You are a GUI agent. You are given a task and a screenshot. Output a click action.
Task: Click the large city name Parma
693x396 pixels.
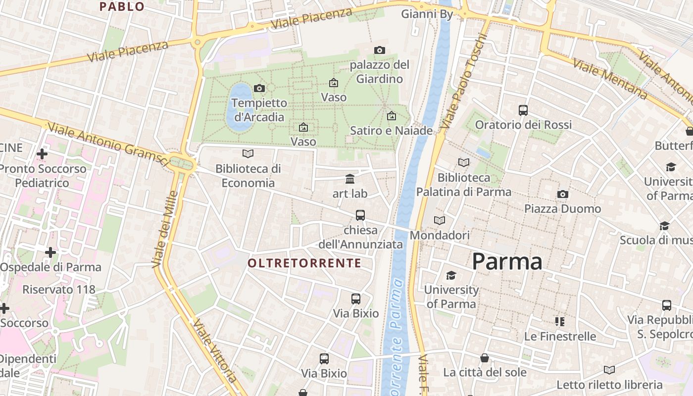pos(507,261)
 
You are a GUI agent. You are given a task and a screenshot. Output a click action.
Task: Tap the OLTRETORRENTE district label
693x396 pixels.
pos(304,263)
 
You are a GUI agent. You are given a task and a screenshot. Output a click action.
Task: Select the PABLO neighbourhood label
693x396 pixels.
pos(122,7)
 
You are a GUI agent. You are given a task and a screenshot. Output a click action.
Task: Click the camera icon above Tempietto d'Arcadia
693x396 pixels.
pos(259,89)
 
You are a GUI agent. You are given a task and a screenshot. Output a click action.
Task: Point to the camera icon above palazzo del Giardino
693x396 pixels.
pos(380,50)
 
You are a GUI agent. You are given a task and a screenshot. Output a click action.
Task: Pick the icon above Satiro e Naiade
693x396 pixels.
pos(392,116)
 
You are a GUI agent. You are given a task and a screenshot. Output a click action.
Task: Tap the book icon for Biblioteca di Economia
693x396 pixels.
pos(248,154)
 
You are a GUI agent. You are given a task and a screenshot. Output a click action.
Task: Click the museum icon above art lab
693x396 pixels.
pos(350,179)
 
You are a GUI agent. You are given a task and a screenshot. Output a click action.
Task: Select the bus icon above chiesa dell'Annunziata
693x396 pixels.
pos(360,215)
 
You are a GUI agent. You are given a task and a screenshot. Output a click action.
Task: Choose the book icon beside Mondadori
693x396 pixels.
pos(440,220)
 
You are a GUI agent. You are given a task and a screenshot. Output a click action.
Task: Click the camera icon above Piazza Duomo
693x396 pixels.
pos(562,194)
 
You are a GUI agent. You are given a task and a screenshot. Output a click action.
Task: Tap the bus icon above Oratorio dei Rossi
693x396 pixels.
pos(523,110)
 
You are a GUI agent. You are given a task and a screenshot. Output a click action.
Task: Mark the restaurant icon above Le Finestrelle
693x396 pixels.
pos(560,322)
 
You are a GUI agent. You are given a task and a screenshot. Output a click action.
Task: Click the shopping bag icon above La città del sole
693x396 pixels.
pos(485,357)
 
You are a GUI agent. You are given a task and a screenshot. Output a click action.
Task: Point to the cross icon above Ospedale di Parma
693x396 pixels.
pos(50,252)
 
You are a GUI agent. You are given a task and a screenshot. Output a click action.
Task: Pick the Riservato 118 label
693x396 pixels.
pos(58,290)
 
